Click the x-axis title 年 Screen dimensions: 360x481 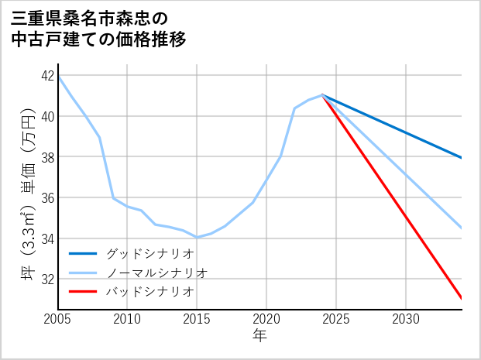[259, 336]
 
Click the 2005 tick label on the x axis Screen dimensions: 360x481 [58, 319]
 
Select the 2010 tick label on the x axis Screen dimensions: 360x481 [127, 319]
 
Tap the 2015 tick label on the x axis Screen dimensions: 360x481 [197, 319]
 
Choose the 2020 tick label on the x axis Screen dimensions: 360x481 [266, 319]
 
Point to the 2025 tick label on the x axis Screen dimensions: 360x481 [336, 319]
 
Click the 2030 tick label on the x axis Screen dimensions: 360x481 [406, 319]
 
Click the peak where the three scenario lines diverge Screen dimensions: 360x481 [322, 95]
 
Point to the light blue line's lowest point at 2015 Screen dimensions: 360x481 [197, 237]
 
